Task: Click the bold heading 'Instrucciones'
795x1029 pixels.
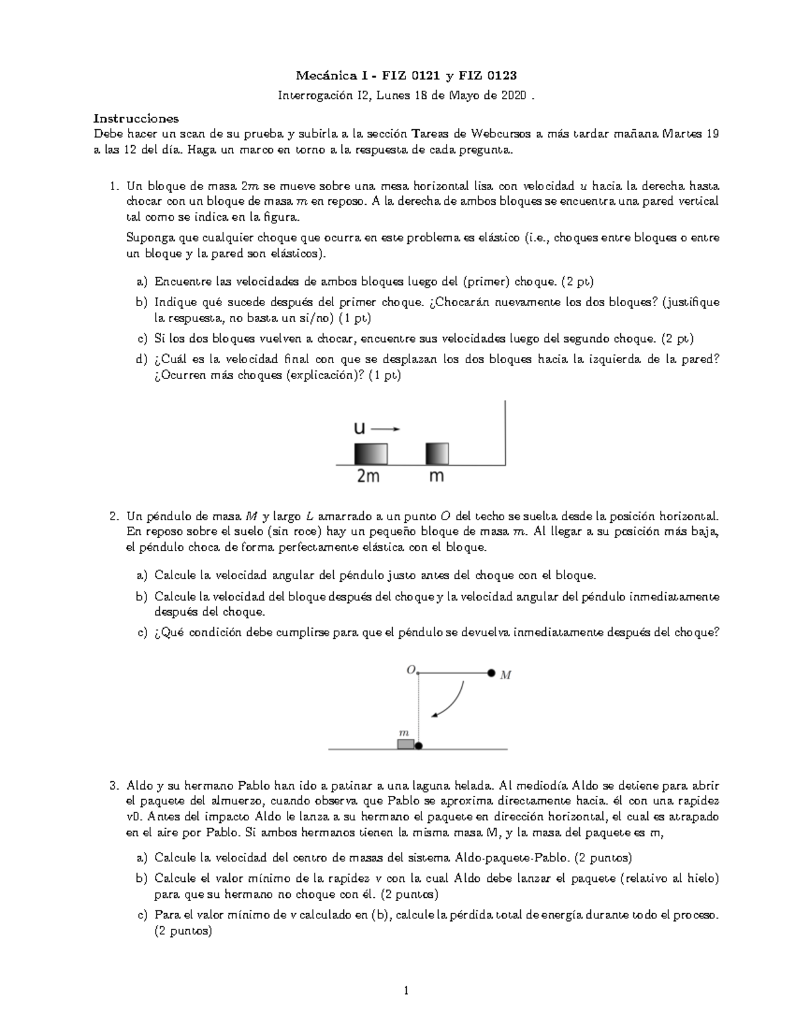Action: (x=135, y=119)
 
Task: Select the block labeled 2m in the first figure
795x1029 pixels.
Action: (x=370, y=454)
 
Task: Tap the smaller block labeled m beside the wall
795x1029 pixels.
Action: (x=437, y=454)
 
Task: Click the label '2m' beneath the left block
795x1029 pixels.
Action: (x=368, y=476)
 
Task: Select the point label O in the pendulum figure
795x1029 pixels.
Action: (x=410, y=670)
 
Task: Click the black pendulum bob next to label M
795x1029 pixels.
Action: (x=491, y=673)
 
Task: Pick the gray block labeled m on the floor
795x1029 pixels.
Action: (x=405, y=744)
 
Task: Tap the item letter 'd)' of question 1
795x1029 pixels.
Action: (x=140, y=359)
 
